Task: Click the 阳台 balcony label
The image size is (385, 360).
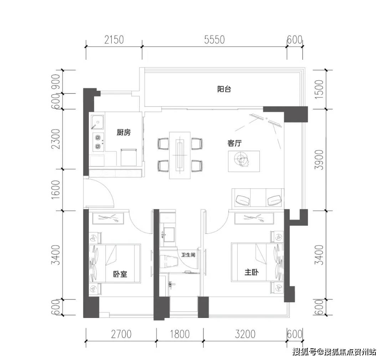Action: coord(224,89)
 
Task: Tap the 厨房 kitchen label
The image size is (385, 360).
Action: coord(123,132)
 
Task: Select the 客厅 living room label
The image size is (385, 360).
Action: coord(235,143)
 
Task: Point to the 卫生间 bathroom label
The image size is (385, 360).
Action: coord(188,255)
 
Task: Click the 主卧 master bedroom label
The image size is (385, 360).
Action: coord(251,272)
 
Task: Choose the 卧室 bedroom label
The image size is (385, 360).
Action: coord(120,274)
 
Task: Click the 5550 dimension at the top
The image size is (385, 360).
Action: coord(214,40)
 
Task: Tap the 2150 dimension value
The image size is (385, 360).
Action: coord(114,40)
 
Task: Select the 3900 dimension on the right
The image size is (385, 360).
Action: coord(320,160)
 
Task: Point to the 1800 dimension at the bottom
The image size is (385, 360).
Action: coord(180,334)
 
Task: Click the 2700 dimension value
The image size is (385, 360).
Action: coord(121,334)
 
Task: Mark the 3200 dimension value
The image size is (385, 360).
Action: coord(245,334)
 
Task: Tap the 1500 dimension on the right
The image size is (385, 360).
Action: coord(320,89)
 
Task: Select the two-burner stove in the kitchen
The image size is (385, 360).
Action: coord(98,142)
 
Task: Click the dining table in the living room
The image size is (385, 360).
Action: coord(180,155)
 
